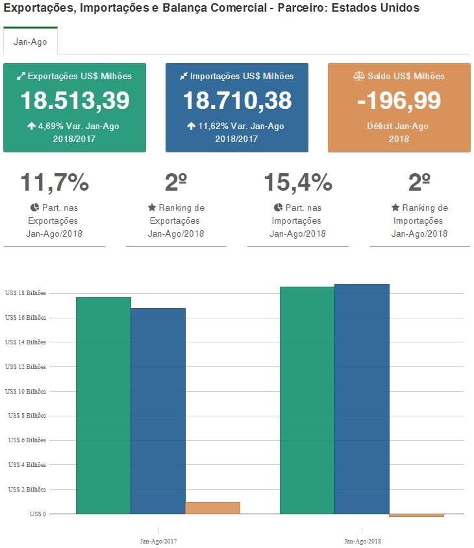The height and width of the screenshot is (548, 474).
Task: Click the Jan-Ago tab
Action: [30, 42]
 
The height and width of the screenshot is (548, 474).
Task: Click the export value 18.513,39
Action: [75, 101]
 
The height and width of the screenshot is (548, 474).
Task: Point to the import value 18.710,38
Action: [237, 101]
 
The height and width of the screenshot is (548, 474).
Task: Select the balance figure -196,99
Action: [399, 101]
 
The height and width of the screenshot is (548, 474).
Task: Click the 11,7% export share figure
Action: [55, 183]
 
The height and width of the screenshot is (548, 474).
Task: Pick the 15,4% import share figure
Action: [298, 183]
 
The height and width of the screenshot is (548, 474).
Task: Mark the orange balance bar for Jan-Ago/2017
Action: [212, 508]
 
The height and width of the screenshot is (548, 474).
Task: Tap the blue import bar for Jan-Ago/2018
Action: [362, 399]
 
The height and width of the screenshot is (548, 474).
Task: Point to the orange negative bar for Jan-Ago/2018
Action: [416, 516]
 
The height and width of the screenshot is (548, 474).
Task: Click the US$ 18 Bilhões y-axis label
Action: [25, 293]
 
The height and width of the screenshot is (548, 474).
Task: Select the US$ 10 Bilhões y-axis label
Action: [25, 391]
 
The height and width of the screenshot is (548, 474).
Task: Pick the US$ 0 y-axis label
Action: [38, 514]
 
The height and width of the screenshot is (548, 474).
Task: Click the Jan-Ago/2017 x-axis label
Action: [158, 540]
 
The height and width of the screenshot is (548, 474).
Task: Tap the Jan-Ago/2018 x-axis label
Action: [362, 540]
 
